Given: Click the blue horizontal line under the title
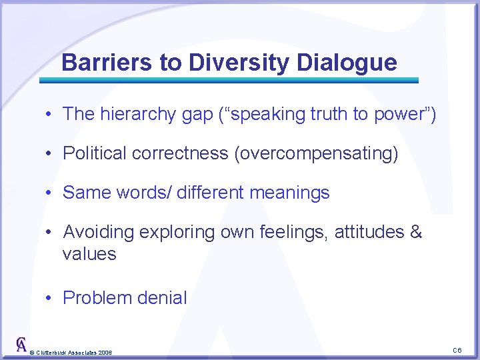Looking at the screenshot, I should (x=229, y=80).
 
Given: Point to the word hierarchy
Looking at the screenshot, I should (x=131, y=114).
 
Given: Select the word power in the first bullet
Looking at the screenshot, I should (x=398, y=114).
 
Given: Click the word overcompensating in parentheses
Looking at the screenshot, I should (x=315, y=153).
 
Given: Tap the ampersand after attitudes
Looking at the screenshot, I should (x=416, y=232).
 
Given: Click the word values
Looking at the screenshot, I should (x=89, y=254).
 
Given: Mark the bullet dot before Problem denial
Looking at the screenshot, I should (x=50, y=298).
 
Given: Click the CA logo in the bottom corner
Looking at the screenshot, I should (x=21, y=345).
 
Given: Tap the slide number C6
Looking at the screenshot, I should (x=457, y=350).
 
